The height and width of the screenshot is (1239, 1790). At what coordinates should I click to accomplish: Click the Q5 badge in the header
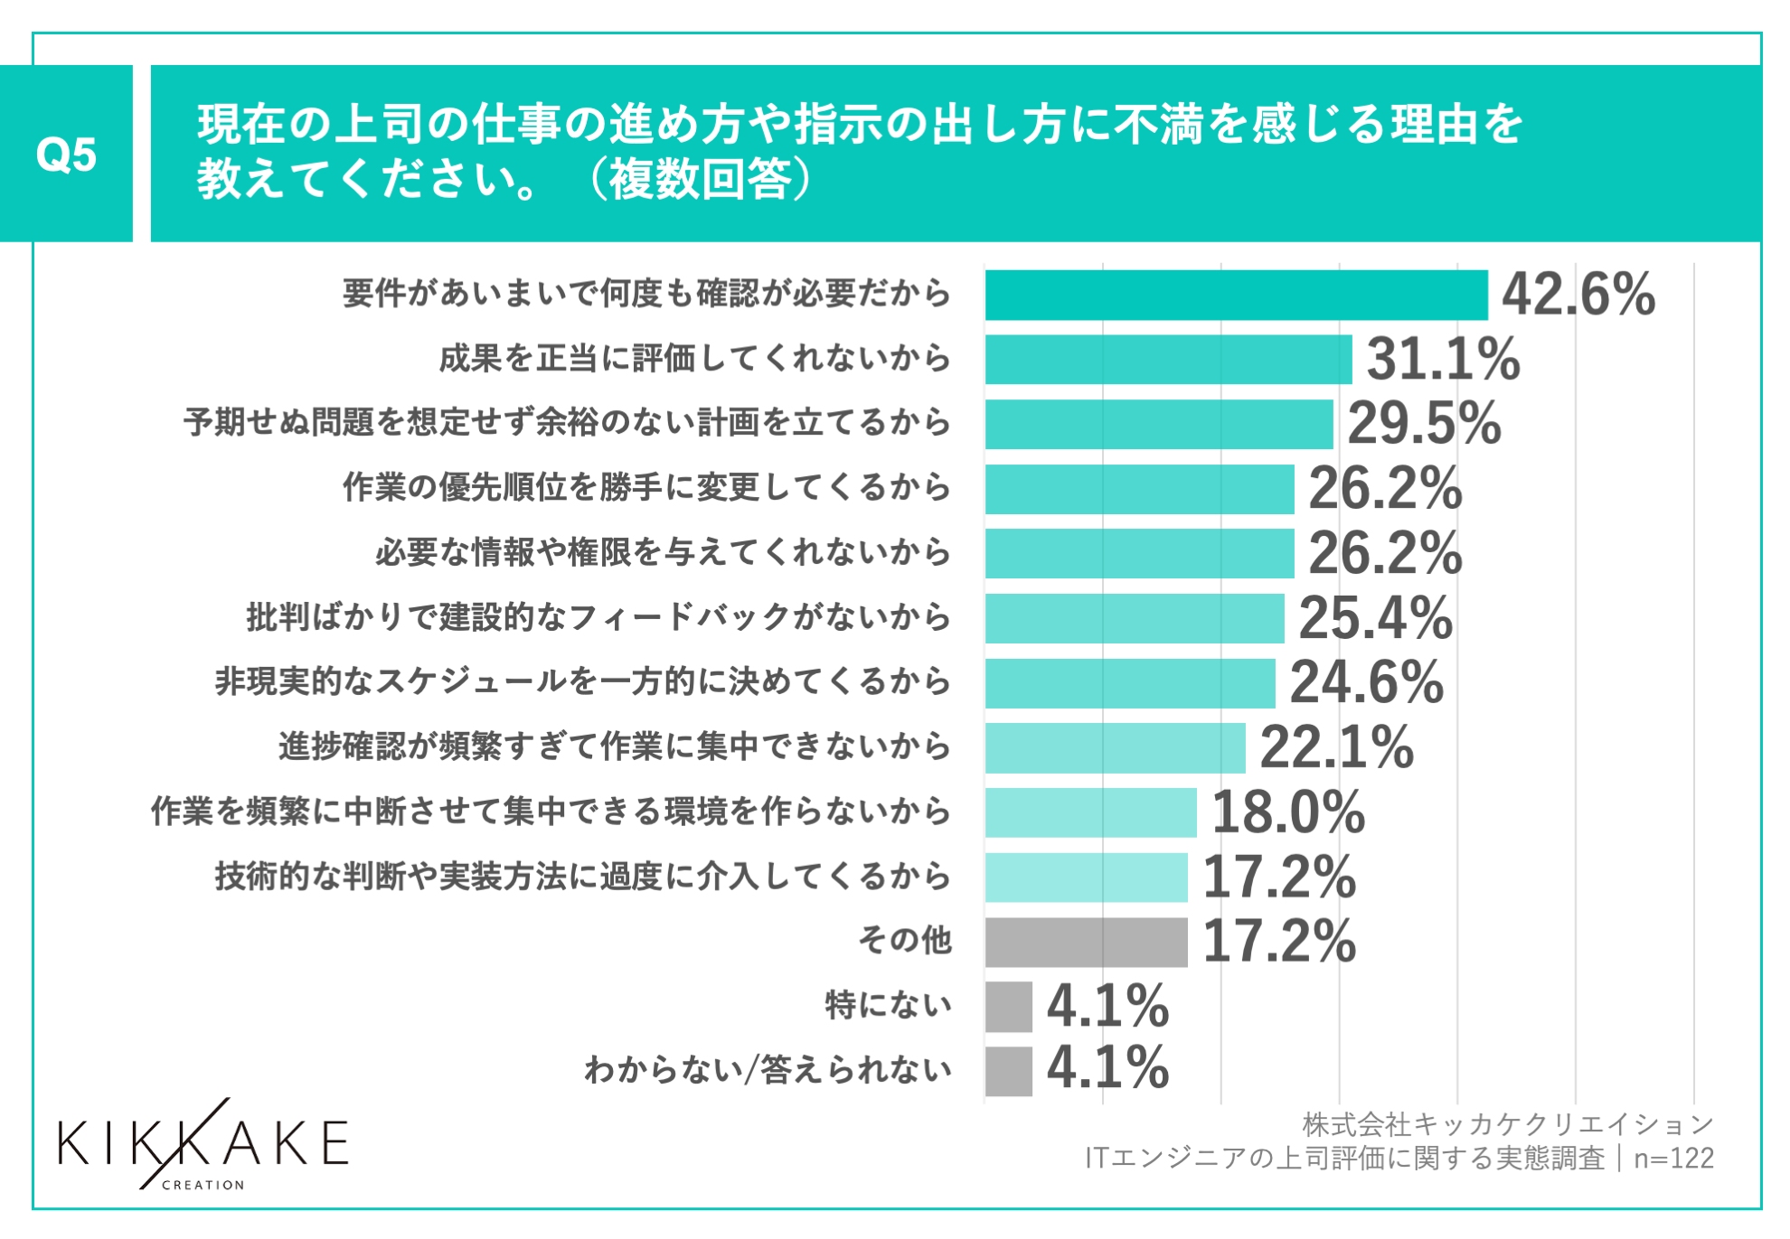point(66,154)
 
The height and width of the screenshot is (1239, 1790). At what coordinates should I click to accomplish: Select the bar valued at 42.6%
point(1236,295)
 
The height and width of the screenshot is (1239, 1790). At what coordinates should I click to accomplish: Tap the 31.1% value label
point(1443,359)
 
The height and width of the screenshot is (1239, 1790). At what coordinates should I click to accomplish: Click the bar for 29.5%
point(1159,424)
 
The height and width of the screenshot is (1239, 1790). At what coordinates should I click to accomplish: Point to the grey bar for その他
point(1086,942)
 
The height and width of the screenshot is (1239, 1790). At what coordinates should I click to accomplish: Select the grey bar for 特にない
point(1009,1007)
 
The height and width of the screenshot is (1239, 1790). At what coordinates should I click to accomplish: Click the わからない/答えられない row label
point(768,1070)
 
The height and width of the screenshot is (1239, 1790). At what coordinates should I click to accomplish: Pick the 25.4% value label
point(1375,618)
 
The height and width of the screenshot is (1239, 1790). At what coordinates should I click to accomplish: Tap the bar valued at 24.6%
point(1130,683)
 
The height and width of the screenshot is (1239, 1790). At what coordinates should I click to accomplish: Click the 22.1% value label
point(1336,747)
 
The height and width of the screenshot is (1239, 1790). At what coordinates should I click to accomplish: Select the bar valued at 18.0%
point(1090,812)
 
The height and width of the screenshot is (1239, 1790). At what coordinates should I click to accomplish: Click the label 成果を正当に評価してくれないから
point(694,359)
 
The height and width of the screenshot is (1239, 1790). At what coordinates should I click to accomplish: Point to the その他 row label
point(904,941)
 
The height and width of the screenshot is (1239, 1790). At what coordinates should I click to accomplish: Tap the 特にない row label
point(888,1005)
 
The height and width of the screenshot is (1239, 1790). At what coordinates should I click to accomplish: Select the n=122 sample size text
point(1673,1159)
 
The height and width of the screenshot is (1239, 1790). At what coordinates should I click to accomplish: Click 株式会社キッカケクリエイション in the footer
point(1508,1124)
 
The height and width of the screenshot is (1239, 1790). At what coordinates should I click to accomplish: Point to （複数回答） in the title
point(700,179)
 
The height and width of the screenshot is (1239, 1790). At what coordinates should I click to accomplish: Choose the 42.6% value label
point(1578,295)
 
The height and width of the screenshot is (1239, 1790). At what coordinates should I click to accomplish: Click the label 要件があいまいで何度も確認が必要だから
point(646,294)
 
